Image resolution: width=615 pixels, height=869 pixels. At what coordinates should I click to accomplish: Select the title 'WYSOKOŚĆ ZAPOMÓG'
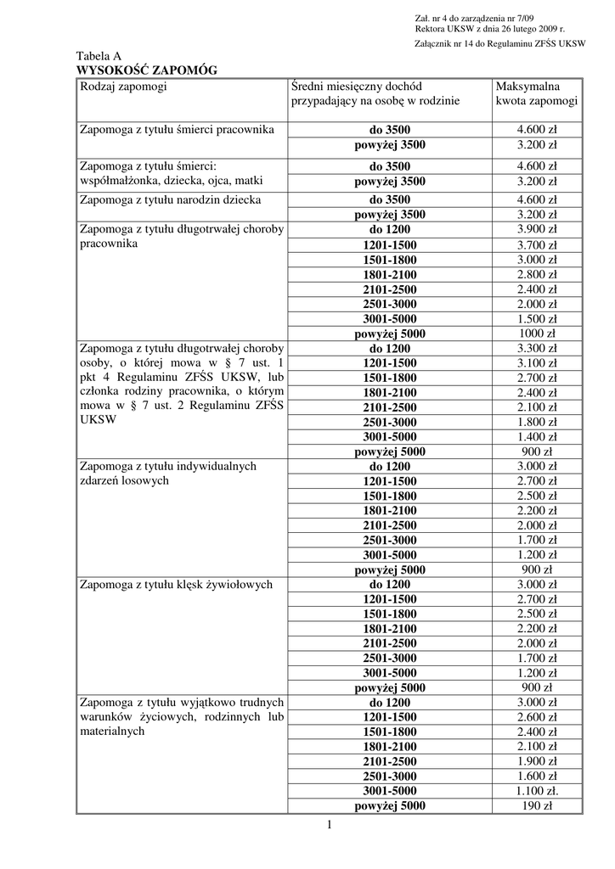click(x=146, y=70)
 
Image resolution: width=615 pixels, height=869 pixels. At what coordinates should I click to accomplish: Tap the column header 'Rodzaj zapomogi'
click(x=123, y=86)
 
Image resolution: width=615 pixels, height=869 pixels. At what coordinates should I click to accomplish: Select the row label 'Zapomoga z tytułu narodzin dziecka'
click(x=171, y=200)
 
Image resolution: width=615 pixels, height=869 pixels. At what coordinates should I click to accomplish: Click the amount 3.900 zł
click(x=537, y=229)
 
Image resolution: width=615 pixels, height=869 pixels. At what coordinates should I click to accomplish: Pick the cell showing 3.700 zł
click(x=537, y=244)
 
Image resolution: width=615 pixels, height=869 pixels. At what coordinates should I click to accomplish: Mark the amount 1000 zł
click(x=537, y=334)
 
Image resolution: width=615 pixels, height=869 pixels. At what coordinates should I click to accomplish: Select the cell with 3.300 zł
click(x=537, y=348)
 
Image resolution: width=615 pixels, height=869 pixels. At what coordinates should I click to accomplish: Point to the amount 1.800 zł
click(x=537, y=422)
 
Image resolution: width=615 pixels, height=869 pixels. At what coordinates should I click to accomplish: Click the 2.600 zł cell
click(x=537, y=717)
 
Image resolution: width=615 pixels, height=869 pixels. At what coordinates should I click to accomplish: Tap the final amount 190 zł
click(x=537, y=806)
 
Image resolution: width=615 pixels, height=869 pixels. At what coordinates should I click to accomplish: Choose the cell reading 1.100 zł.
click(x=537, y=791)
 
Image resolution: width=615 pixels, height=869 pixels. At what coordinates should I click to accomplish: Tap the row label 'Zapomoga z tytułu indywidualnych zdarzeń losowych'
click(x=167, y=474)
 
